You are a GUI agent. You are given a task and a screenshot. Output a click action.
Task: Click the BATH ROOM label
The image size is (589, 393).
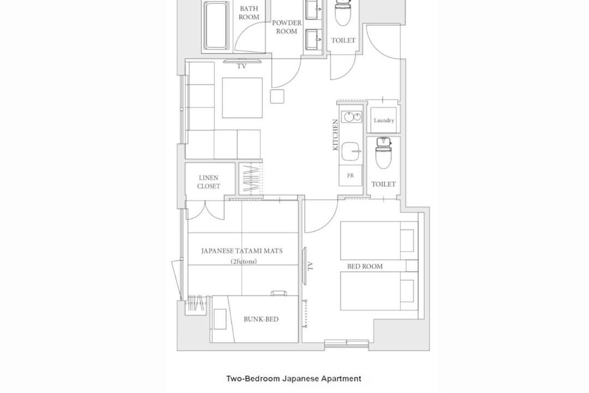[249, 13]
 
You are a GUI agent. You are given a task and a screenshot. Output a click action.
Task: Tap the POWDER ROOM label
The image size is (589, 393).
[287, 27]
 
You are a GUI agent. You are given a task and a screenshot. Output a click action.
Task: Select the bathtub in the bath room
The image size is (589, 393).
[217, 26]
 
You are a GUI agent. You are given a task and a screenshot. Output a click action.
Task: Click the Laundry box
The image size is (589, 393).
[383, 120]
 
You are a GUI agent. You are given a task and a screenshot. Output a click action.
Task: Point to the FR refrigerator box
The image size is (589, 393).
[351, 176]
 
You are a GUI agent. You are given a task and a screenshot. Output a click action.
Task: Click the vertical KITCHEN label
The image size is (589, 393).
[335, 135]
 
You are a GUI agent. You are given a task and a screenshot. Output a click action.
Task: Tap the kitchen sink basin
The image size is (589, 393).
[352, 151]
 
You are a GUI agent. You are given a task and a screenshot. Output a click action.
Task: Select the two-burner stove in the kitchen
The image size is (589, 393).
[352, 117]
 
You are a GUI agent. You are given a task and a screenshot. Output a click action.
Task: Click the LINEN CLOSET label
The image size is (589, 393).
[209, 182]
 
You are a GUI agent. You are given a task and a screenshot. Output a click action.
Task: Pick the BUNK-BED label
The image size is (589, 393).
[261, 319]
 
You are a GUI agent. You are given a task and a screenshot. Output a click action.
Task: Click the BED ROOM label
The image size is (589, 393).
[365, 266]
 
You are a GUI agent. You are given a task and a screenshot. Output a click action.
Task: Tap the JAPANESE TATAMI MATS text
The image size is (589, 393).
[242, 251]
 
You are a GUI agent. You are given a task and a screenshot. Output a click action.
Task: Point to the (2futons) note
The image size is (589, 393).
[244, 261]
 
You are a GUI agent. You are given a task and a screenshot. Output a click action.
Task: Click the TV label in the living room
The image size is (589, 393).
[242, 66]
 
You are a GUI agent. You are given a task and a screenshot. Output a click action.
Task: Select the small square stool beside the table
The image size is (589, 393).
[277, 96]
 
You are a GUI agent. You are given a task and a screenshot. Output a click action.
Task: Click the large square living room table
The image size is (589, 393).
[242, 98]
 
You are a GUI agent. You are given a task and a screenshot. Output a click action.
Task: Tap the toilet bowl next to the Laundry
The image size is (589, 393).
[383, 153]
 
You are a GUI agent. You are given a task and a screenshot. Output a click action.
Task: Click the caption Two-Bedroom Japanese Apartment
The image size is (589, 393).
[294, 379]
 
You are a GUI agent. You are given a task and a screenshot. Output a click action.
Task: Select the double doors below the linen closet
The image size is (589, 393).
[206, 211]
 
